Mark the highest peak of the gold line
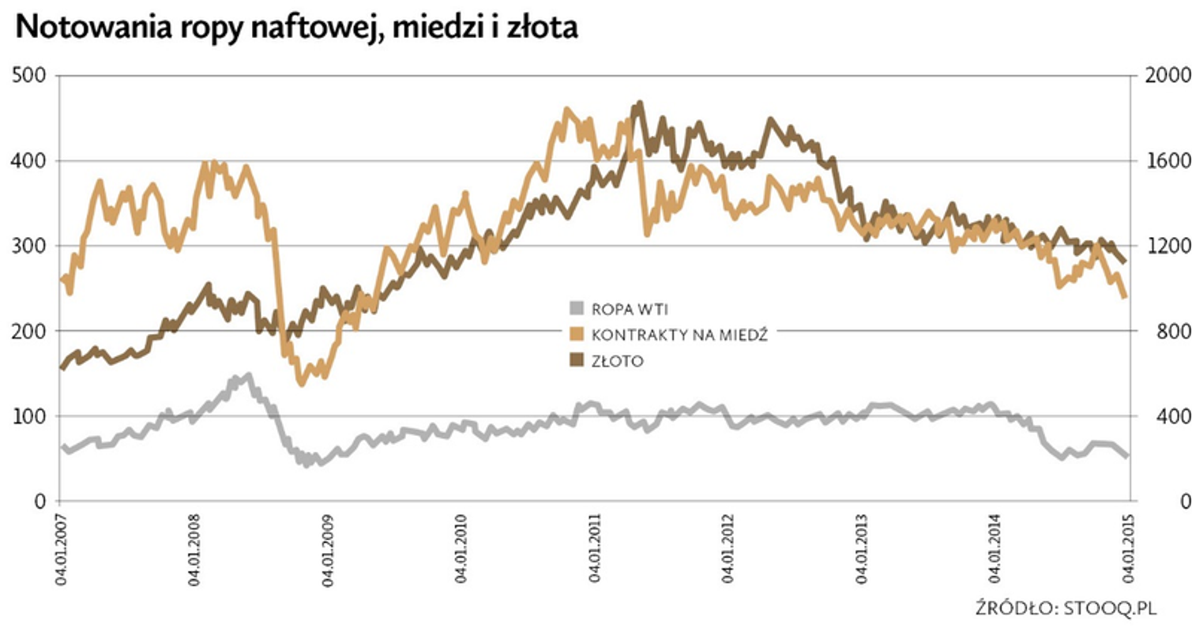639,103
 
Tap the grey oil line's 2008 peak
249,376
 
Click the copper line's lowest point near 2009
301,383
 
